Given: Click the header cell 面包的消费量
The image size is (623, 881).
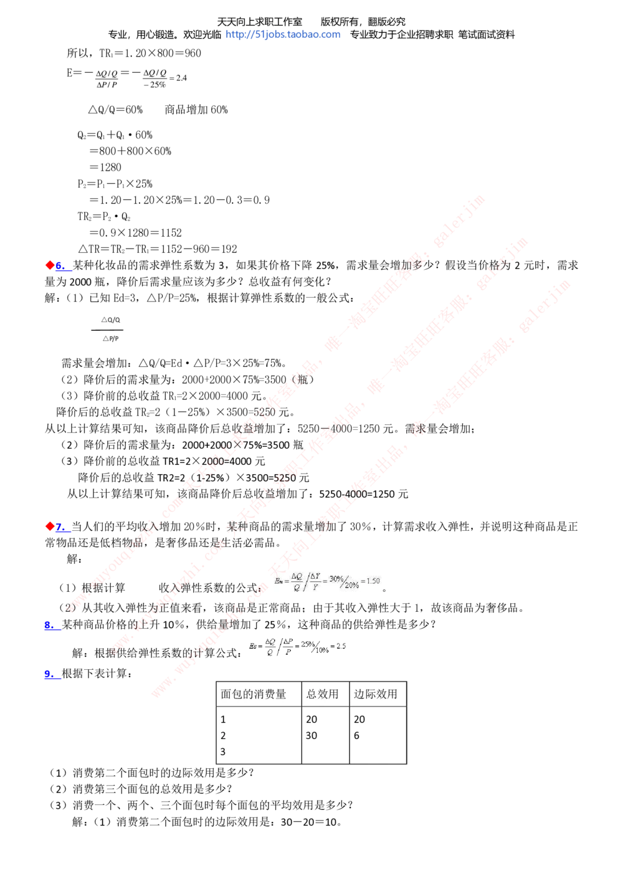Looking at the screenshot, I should [x=254, y=694].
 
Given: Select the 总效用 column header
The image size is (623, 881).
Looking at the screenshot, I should [x=323, y=694].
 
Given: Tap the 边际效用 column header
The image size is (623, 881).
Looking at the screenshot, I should [x=376, y=694].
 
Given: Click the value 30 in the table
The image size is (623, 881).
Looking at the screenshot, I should [x=311, y=736].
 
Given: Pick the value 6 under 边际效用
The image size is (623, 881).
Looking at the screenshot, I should [x=357, y=736].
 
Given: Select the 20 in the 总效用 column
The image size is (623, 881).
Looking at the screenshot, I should [x=311, y=720].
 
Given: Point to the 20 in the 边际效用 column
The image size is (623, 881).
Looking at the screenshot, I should [x=359, y=720].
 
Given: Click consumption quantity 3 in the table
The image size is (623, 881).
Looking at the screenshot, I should [x=223, y=752].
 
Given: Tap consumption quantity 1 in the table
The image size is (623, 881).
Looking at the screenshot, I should [x=223, y=720].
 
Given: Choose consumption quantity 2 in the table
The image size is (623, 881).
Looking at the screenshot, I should [x=223, y=736].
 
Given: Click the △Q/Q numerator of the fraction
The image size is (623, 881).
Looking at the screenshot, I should [x=110, y=320].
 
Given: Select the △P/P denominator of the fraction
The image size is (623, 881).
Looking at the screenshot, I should [x=110, y=339].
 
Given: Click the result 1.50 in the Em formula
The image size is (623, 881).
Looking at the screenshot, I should [x=373, y=581].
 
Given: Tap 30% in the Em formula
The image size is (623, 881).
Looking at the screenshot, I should [x=336, y=579].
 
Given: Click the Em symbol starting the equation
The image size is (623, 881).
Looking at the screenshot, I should [x=278, y=581].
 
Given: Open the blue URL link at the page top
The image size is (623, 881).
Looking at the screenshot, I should [x=283, y=35].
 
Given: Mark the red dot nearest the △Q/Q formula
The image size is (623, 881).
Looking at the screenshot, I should [x=50, y=265].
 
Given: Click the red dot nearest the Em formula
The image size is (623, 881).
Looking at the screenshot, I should [x=50, y=526].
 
